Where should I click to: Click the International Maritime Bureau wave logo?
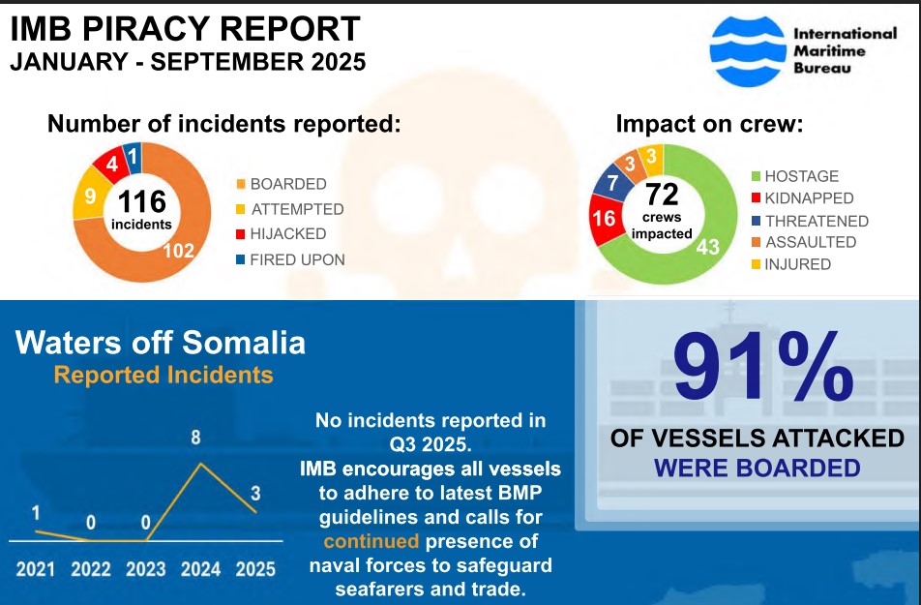pyautogui.click(x=746, y=51)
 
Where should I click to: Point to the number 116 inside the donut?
pyautogui.click(x=142, y=201)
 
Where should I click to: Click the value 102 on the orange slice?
pyautogui.click(x=179, y=251)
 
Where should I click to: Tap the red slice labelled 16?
pyautogui.click(x=604, y=218)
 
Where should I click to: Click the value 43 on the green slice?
pyautogui.click(x=708, y=248)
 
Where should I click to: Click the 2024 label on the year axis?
pyautogui.click(x=201, y=568)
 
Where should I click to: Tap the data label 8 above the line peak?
pyautogui.click(x=195, y=438)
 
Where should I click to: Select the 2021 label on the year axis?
pyautogui.click(x=37, y=568)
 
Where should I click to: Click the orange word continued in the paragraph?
pyautogui.click(x=371, y=541)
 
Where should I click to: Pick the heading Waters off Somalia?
pyautogui.click(x=161, y=342)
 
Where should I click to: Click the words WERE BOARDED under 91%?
pyautogui.click(x=758, y=469)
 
